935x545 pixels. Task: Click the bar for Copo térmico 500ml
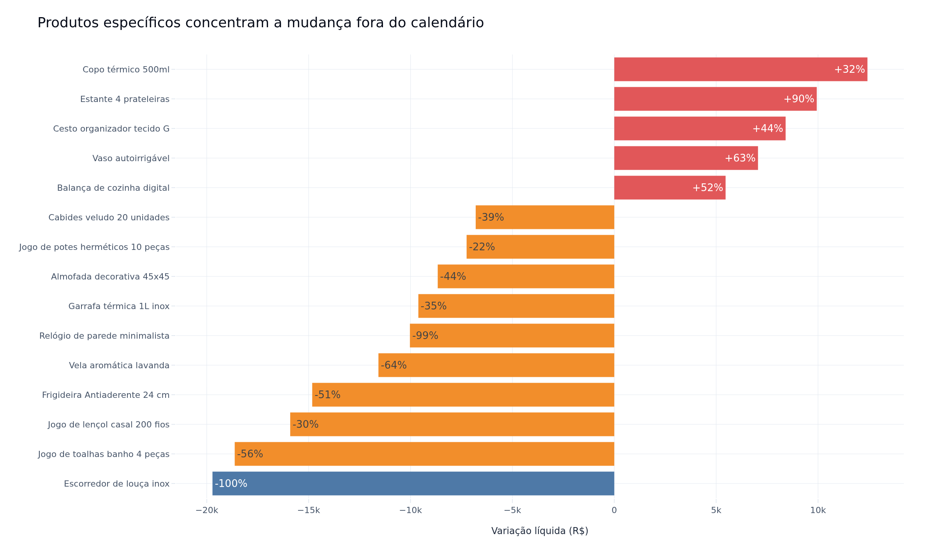pyautogui.click(x=741, y=69)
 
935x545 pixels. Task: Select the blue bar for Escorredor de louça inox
pyautogui.click(x=413, y=483)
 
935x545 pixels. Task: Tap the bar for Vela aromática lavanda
pyautogui.click(x=496, y=365)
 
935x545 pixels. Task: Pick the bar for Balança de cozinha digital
pyautogui.click(x=670, y=188)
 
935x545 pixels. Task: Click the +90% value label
pyautogui.click(x=799, y=99)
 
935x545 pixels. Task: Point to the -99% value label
pyautogui.click(x=425, y=336)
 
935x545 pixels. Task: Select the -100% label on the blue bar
pyautogui.click(x=231, y=483)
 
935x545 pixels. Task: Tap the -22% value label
pyautogui.click(x=482, y=247)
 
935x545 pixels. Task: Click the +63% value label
pyautogui.click(x=740, y=158)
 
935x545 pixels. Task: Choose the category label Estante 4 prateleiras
pyautogui.click(x=125, y=99)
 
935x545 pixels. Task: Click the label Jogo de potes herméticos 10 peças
pyautogui.click(x=94, y=247)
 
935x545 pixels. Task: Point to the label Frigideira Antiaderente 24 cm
pyautogui.click(x=106, y=395)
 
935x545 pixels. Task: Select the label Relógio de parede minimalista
pyautogui.click(x=104, y=336)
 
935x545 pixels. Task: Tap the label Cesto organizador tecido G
pyautogui.click(x=111, y=129)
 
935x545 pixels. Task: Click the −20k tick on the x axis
pyautogui.click(x=207, y=511)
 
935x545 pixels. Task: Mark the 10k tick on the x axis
pyautogui.click(x=818, y=511)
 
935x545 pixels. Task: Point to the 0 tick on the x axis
pyautogui.click(x=614, y=511)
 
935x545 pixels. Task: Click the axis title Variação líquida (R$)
pyautogui.click(x=540, y=531)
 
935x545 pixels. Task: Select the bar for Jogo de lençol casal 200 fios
pyautogui.click(x=452, y=424)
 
